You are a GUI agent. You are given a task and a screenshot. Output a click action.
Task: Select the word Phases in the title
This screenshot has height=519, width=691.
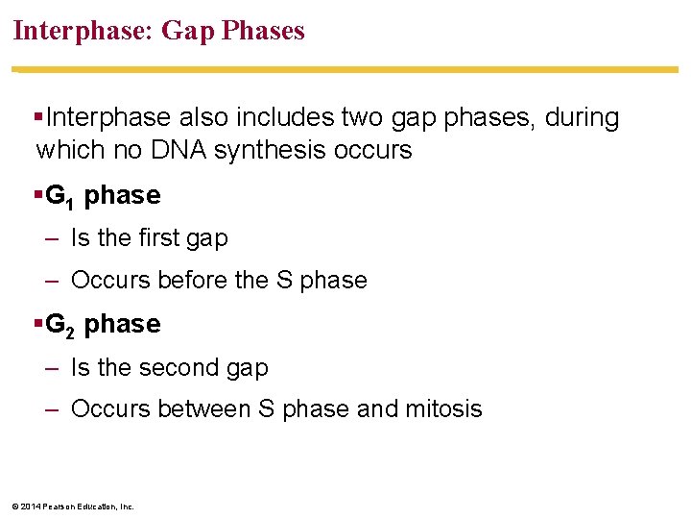[x=263, y=31]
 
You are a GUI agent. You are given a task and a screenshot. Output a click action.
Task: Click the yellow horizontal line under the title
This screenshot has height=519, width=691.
[x=345, y=69]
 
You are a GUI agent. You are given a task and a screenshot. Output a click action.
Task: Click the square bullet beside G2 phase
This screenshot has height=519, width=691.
[x=37, y=324]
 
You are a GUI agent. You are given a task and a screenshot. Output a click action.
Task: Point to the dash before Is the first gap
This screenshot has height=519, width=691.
[x=53, y=237]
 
